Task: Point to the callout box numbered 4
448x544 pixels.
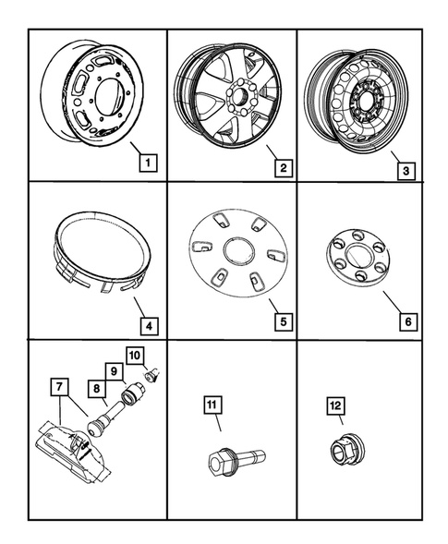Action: coord(148,325)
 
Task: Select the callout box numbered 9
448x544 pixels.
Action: coord(115,372)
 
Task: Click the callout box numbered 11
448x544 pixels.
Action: coord(212,404)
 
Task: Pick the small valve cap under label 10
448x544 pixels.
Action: coord(153,375)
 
